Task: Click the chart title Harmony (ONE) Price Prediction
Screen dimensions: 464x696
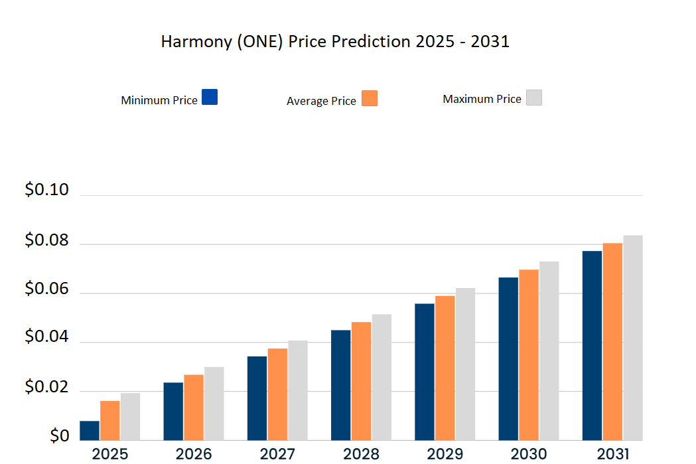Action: point(335,42)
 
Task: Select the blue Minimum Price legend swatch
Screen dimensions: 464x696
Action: point(210,97)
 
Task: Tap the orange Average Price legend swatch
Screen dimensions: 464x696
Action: point(370,98)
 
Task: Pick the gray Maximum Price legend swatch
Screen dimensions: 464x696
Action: point(534,98)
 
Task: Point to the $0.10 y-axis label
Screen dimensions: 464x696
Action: point(46,190)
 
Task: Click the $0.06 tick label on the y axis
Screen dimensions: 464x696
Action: point(46,288)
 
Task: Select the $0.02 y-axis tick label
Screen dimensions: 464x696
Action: point(46,386)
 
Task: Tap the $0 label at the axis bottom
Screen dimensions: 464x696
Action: point(59,435)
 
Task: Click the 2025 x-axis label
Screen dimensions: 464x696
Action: point(110,454)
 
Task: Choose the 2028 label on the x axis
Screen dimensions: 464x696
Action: point(362,454)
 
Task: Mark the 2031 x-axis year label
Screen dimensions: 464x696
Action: point(612,454)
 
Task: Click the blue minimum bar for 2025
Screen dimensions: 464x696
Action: point(90,431)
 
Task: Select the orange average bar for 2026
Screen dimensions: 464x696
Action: point(194,408)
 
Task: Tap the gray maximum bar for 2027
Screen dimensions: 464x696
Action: point(298,390)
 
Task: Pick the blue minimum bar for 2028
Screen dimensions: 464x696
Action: point(341,385)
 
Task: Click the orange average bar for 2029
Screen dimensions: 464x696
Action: point(445,368)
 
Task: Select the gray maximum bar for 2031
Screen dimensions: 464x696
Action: point(633,338)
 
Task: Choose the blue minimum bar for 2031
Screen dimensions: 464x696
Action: point(592,345)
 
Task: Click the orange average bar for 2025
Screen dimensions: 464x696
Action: point(110,420)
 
